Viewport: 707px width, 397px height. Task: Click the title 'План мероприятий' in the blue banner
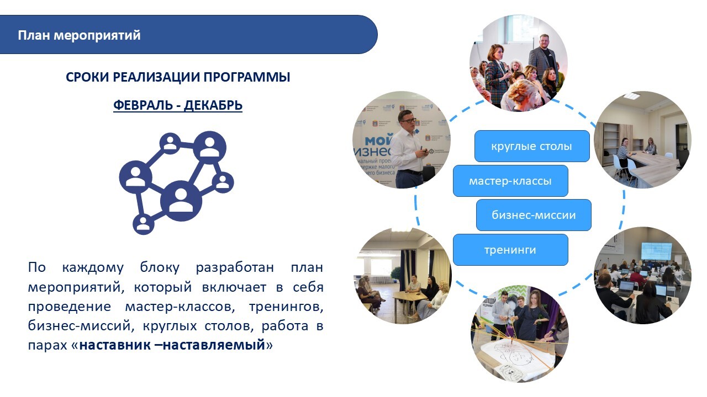pyautogui.click(x=79, y=35)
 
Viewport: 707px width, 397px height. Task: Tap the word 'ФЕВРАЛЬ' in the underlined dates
pyautogui.click(x=143, y=105)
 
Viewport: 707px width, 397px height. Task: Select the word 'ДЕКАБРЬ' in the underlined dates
pyautogui.click(x=213, y=105)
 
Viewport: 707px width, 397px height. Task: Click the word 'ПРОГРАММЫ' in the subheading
pyautogui.click(x=246, y=77)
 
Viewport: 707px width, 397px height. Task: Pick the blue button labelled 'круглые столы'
pyautogui.click(x=532, y=146)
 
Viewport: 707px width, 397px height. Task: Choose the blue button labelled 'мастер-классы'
pyautogui.click(x=510, y=181)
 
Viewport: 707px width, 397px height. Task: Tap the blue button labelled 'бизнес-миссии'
pyautogui.click(x=534, y=215)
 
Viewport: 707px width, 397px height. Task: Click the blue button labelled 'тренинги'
pyautogui.click(x=510, y=250)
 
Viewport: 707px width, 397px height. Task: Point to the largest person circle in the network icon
pyautogui.click(x=181, y=201)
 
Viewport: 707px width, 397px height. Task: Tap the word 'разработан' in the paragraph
pyautogui.click(x=235, y=267)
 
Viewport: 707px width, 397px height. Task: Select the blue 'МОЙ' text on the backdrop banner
pyautogui.click(x=379, y=141)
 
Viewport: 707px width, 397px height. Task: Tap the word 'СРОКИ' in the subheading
pyautogui.click(x=87, y=77)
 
